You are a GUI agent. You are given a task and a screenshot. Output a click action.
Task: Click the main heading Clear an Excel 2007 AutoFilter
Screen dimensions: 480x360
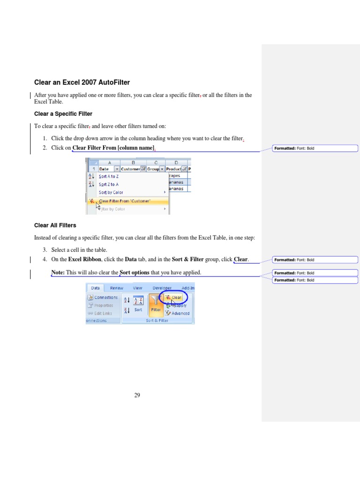pos(82,82)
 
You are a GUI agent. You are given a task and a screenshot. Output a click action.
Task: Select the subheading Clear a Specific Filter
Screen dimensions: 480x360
pos(63,114)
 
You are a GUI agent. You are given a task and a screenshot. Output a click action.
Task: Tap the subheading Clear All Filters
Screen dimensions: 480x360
pos(55,225)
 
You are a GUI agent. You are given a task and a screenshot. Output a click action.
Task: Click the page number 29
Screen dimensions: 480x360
pos(137,395)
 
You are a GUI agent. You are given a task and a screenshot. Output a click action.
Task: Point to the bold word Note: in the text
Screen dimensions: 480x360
pos(58,272)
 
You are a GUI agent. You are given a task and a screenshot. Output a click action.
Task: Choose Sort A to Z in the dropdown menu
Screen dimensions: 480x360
pos(108,176)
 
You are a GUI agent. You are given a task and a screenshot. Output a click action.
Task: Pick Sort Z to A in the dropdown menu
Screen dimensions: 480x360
pos(108,184)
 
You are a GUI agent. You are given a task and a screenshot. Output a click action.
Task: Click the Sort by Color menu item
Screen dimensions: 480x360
pos(111,192)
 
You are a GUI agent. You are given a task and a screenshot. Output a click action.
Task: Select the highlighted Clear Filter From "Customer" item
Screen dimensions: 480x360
pos(124,201)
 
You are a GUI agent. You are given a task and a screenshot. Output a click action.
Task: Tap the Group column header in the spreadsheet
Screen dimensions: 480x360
pos(153,169)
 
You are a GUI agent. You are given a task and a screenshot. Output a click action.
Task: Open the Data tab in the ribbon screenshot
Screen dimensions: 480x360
pos(95,288)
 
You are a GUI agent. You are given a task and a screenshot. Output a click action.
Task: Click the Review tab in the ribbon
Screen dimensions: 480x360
pos(117,288)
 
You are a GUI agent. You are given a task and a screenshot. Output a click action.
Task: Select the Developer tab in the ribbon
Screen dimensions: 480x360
pos(162,288)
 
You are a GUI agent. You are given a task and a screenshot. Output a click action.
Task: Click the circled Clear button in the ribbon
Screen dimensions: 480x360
pos(174,297)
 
